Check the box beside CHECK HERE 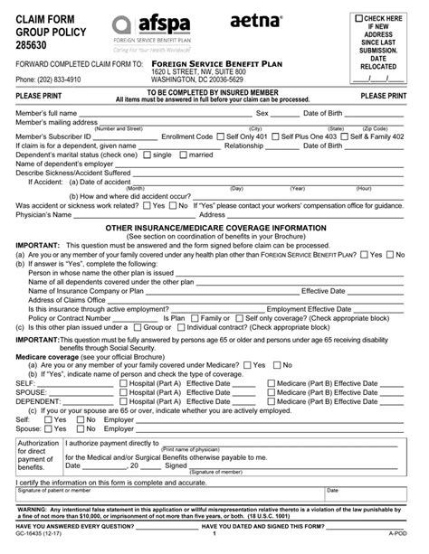point(359,18)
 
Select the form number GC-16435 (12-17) point(31,548)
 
